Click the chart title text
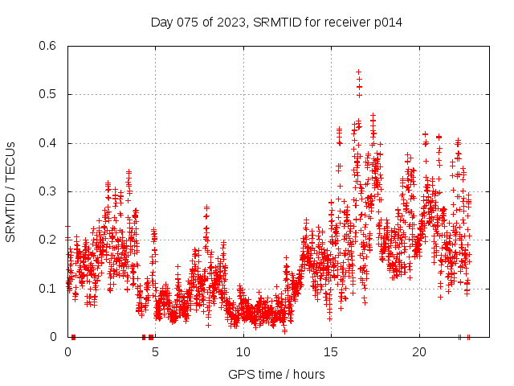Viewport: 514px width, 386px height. tap(276, 22)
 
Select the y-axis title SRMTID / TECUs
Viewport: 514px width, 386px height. tap(10, 191)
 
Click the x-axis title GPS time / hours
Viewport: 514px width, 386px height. tap(276, 374)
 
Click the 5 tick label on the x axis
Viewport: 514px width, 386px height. tap(156, 352)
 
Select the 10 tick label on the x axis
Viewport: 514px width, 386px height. tap(243, 352)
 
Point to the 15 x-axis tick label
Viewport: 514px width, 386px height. tap(331, 352)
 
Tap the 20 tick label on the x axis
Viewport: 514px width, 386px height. tap(418, 352)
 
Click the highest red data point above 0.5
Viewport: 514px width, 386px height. tap(359, 72)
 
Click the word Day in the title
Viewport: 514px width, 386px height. tap(161, 22)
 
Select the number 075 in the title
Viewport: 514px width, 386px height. tap(187, 22)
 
